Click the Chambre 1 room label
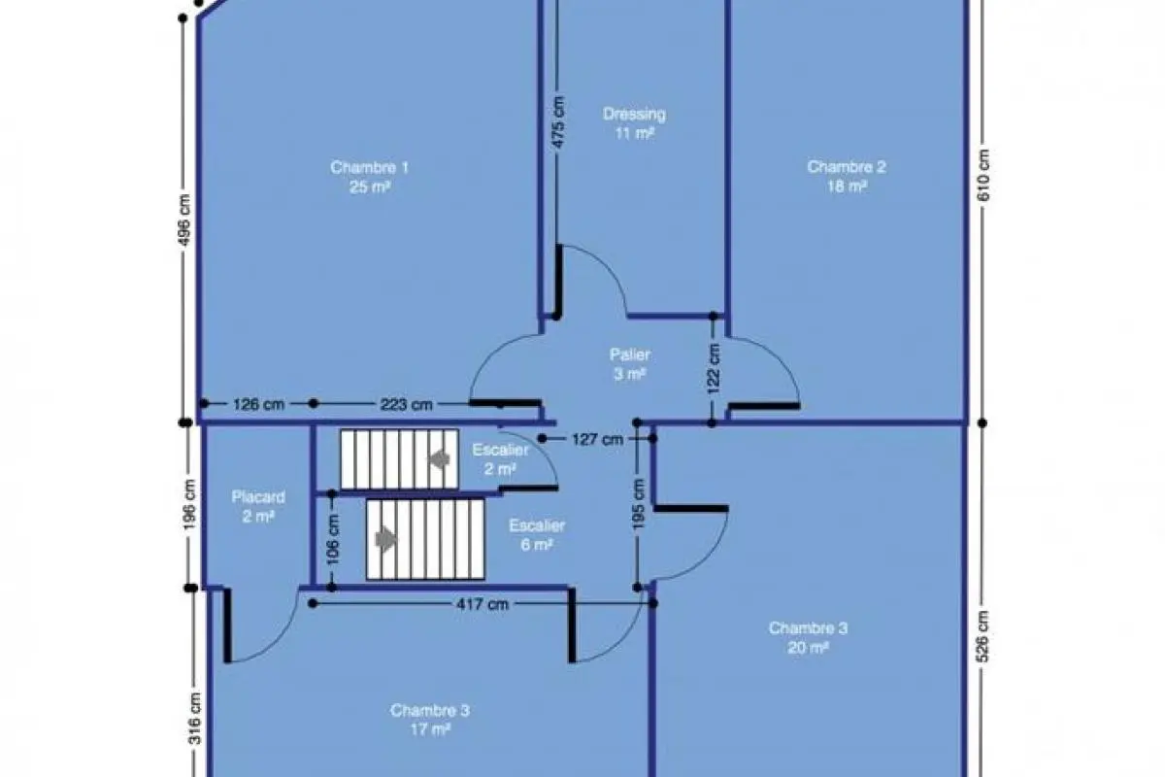pyautogui.click(x=369, y=177)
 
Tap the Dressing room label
pyautogui.click(x=634, y=123)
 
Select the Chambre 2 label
pyautogui.click(x=847, y=177)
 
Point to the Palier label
pyautogui.click(x=630, y=364)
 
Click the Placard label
pyautogui.click(x=258, y=506)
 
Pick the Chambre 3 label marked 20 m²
pyautogui.click(x=808, y=637)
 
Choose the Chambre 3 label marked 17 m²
pyautogui.click(x=430, y=720)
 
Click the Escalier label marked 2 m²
pyautogui.click(x=500, y=459)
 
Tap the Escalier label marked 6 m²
pyautogui.click(x=537, y=534)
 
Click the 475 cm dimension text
pyautogui.click(x=557, y=122)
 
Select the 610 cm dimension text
pyautogui.click(x=983, y=176)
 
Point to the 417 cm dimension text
pyautogui.click(x=483, y=604)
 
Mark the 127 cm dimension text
pyautogui.click(x=598, y=440)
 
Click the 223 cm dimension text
pyautogui.click(x=406, y=404)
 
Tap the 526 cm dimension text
pyautogui.click(x=982, y=636)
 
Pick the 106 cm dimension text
pyautogui.click(x=333, y=539)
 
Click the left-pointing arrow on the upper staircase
pyautogui.click(x=439, y=459)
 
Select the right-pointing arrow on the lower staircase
pyautogui.click(x=386, y=539)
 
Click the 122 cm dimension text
pyautogui.click(x=715, y=368)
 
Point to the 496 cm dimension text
pyautogui.click(x=184, y=220)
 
